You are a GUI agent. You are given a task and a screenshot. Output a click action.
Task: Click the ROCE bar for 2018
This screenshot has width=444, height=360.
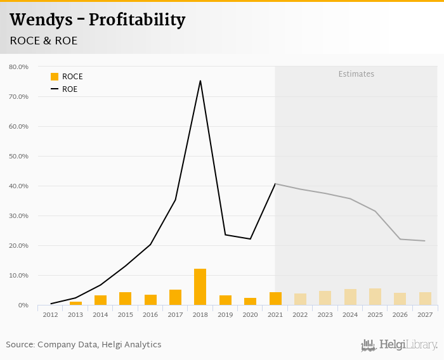(200, 287)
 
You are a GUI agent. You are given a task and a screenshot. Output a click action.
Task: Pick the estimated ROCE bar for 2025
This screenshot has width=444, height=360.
(375, 297)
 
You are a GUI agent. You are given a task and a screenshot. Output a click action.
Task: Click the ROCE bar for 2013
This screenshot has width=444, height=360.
(75, 304)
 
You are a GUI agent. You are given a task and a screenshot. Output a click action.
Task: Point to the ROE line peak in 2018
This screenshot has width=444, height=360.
(200, 80)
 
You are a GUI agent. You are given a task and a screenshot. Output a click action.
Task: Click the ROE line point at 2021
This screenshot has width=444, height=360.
(275, 184)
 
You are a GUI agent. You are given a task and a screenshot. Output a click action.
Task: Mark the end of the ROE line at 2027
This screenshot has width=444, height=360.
(425, 241)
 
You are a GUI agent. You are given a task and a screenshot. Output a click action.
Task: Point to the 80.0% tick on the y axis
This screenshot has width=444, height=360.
(18, 67)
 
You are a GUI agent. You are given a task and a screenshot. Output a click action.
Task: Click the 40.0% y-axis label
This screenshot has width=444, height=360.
(18, 186)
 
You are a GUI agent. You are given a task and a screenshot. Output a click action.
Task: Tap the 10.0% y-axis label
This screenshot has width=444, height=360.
(18, 276)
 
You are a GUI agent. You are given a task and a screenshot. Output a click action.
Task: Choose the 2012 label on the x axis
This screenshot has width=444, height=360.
(51, 314)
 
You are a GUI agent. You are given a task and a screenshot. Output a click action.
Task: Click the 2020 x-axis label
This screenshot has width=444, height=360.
(250, 314)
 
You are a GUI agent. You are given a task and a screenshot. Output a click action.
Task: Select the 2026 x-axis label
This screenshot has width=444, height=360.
(400, 314)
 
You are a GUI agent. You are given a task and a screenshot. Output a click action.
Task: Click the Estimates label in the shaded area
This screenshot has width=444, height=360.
(356, 74)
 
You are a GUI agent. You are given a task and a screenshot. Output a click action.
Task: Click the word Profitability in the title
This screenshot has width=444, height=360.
(137, 20)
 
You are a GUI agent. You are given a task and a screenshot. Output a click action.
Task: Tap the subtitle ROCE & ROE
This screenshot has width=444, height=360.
(44, 41)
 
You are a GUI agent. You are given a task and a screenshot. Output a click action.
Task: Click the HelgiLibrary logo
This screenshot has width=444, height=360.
(400, 345)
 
